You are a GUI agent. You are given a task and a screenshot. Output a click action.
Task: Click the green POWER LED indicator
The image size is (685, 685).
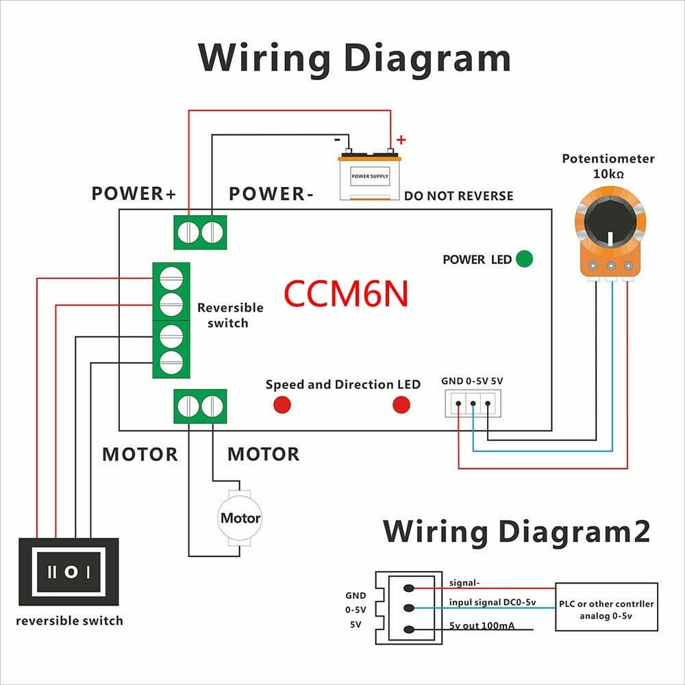[524, 259]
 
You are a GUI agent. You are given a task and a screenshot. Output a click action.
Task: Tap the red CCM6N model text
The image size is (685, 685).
[346, 293]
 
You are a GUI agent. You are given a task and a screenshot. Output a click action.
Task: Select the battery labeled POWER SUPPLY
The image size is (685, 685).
[369, 177]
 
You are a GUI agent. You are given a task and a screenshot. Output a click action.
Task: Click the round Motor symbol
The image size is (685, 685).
[240, 518]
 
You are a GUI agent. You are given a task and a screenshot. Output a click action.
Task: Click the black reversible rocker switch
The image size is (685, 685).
[69, 571]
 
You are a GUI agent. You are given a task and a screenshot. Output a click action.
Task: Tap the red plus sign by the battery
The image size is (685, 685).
[401, 140]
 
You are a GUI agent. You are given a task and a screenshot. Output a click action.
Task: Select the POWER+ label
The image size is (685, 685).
[134, 194]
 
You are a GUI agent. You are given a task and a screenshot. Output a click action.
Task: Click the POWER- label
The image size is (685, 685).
[271, 194]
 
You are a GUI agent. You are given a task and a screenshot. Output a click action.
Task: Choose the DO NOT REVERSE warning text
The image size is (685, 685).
[458, 196]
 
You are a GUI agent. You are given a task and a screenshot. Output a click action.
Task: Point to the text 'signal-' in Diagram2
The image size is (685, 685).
[464, 583]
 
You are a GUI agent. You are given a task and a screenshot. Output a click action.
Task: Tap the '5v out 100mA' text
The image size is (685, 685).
[483, 625]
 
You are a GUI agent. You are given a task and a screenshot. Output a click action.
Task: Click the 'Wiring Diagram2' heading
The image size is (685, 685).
[516, 532]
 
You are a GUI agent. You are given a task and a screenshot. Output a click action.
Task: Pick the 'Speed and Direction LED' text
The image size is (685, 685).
[342, 384]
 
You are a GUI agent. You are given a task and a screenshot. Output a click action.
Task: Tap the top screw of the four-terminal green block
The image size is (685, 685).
[171, 277]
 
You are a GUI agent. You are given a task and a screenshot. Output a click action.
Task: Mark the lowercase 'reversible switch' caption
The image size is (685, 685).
[69, 621]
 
